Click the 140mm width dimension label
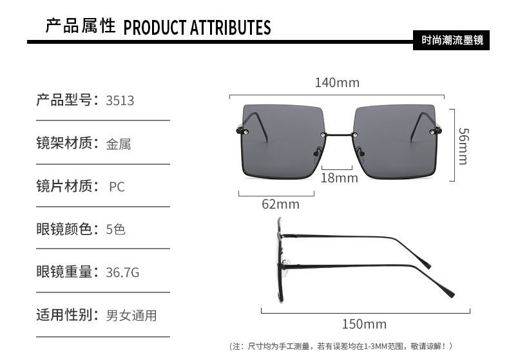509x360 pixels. coord(337,82)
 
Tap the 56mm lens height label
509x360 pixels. coord(463,146)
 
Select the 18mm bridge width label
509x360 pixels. coord(339,178)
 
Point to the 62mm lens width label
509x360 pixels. coord(280,204)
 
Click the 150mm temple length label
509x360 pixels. coord(364,324)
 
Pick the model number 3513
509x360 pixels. coord(120,100)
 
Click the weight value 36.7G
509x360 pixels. coord(122,272)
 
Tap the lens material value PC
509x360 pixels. coord(117,187)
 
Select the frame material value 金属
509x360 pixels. coord(119,144)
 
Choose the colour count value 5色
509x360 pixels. coord(115,229)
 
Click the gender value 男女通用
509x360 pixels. coord(131,316)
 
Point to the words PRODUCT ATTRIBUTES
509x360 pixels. coord(197,27)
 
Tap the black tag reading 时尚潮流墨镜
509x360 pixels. coord(451,40)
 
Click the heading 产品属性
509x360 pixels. coord(81,26)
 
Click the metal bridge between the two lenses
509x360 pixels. coord(338,134)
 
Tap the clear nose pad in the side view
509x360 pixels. coord(285,263)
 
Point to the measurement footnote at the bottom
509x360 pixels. coord(341,346)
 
